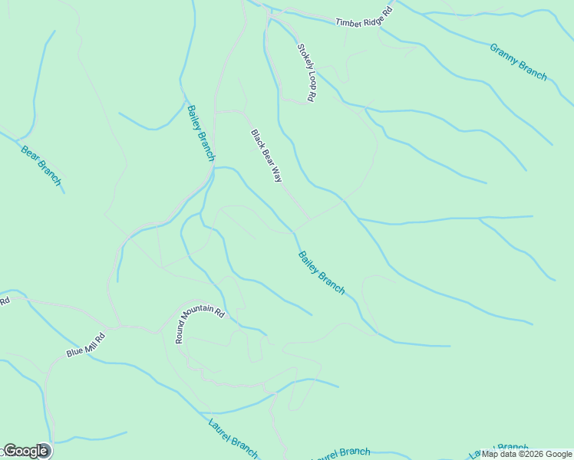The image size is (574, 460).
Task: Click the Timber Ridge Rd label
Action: pyautogui.click(x=364, y=17)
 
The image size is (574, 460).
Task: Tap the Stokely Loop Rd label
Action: pyautogui.click(x=306, y=73)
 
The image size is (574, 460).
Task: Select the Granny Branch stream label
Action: pyautogui.click(x=518, y=61)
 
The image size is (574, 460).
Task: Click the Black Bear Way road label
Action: pyautogui.click(x=266, y=155)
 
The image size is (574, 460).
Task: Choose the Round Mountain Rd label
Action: pyautogui.click(x=200, y=325)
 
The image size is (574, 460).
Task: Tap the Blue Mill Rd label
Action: pyautogui.click(x=85, y=344)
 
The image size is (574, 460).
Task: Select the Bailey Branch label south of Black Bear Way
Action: pyautogui.click(x=321, y=272)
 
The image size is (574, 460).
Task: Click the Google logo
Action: pyautogui.click(x=25, y=451)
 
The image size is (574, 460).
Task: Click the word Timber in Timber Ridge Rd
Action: pyautogui.click(x=347, y=21)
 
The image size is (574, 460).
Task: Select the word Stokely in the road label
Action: pyautogui.click(x=302, y=56)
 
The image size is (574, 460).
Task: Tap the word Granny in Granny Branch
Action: pyautogui.click(x=505, y=53)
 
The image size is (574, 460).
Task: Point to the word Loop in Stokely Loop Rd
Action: pyautogui.click(x=308, y=79)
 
